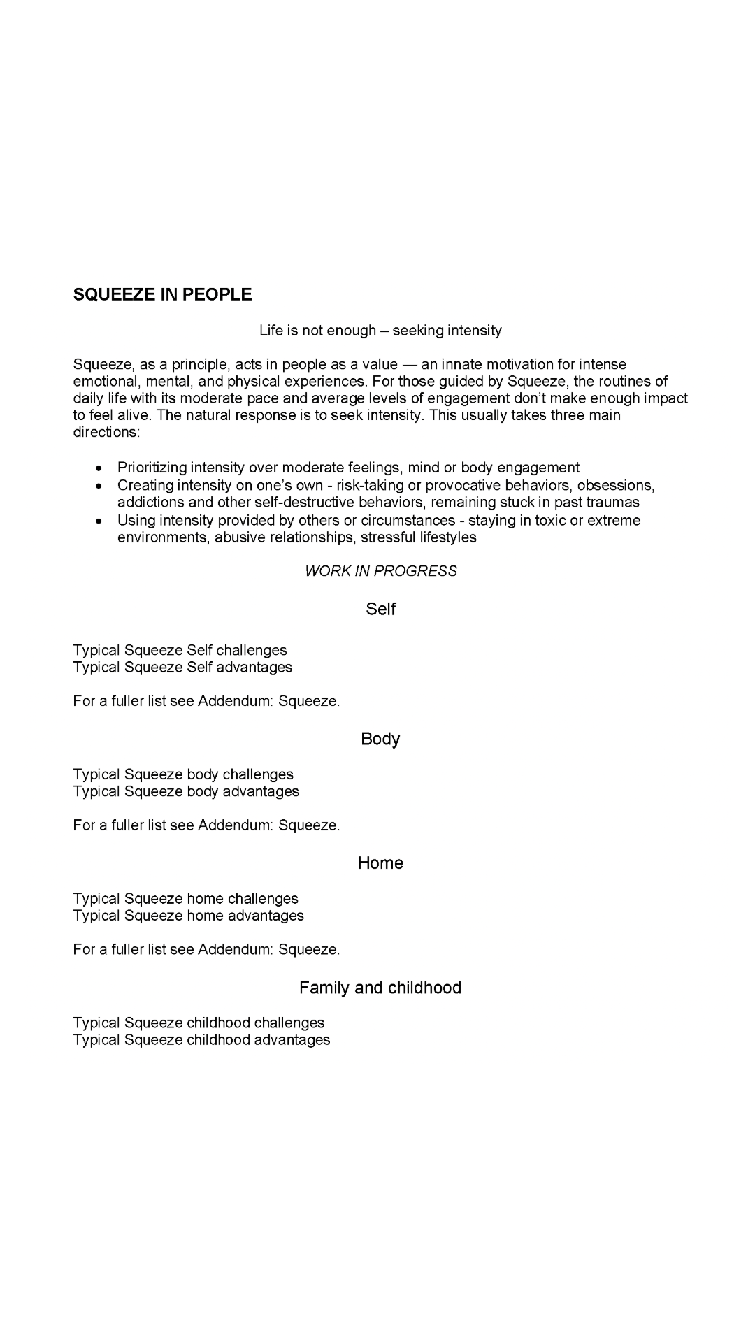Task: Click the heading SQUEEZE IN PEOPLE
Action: click(162, 294)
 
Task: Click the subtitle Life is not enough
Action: click(380, 330)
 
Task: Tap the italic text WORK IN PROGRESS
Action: click(380, 571)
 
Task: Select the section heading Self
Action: click(380, 609)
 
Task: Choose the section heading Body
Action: click(380, 739)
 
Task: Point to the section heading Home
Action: click(380, 863)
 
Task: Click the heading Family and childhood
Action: click(380, 988)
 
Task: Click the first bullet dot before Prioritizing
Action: click(101, 468)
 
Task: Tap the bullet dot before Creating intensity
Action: click(101, 485)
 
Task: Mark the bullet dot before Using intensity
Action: click(101, 521)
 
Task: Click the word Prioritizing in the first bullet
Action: click(152, 468)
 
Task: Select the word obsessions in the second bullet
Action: click(615, 485)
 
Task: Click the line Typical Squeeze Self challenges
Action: click(180, 650)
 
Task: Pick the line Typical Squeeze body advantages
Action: click(186, 791)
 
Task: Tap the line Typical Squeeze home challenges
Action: click(185, 899)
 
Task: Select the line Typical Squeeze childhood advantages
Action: click(201, 1040)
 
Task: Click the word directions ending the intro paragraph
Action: click(106, 432)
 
